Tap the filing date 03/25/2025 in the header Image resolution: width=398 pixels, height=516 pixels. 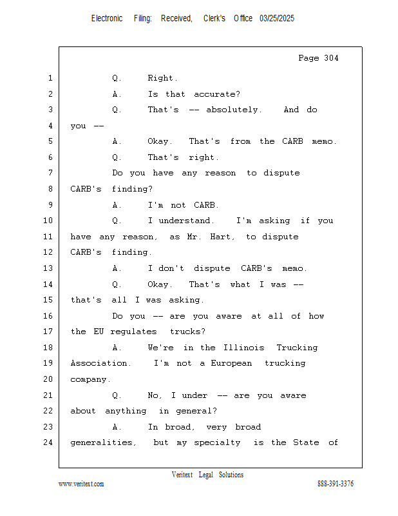tap(277, 19)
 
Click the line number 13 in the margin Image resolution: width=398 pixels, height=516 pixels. tap(49, 268)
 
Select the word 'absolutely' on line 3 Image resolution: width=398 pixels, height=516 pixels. tap(233, 110)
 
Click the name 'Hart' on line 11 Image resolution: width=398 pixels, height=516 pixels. tap(221, 237)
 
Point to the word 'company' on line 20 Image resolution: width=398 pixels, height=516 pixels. tap(90, 379)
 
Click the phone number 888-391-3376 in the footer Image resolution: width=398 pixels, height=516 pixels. tap(336, 484)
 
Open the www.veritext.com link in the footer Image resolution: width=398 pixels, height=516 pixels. tap(81, 484)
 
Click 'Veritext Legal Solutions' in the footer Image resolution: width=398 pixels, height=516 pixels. tap(207, 475)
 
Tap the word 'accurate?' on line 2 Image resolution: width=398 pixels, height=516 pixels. tap(217, 94)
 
